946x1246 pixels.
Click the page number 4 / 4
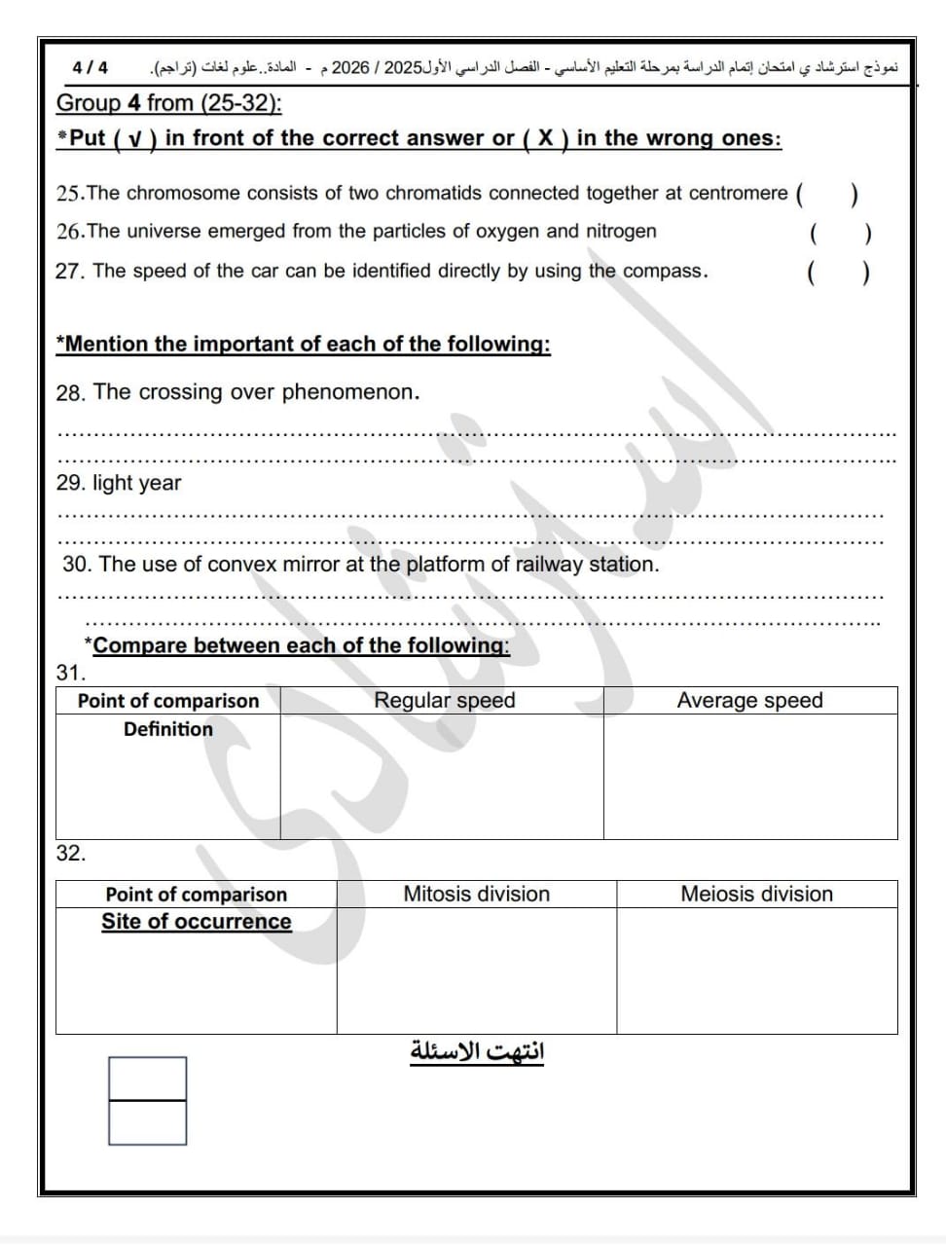pyautogui.click(x=91, y=67)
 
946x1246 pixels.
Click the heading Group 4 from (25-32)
pyautogui.click(x=169, y=103)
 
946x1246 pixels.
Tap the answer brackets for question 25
pyautogui.click(x=826, y=194)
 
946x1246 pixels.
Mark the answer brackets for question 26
pyautogui.click(x=839, y=234)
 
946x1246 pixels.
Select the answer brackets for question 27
pyautogui.click(x=838, y=272)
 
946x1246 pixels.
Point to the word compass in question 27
pyautogui.click(x=663, y=271)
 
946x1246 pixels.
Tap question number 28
pyautogui.click(x=70, y=393)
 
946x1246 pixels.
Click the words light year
pyautogui.click(x=136, y=483)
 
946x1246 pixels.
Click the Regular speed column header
pyautogui.click(x=445, y=701)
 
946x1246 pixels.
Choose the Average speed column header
pyautogui.click(x=749, y=701)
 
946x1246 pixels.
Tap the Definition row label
pyautogui.click(x=167, y=729)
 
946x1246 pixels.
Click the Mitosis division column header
pyautogui.click(x=477, y=894)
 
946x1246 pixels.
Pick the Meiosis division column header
pyautogui.click(x=756, y=894)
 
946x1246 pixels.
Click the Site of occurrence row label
pyautogui.click(x=196, y=922)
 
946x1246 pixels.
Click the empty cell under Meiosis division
pyautogui.click(x=756, y=971)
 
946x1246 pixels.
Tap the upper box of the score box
pyautogui.click(x=147, y=1079)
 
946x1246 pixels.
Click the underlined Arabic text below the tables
pyautogui.click(x=477, y=1052)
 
